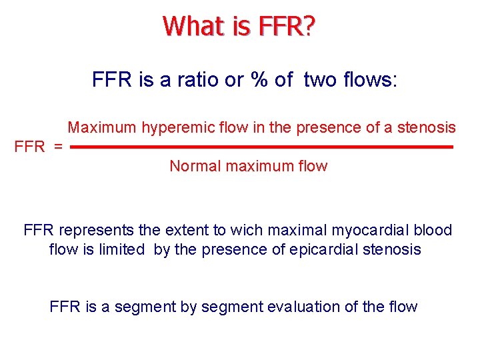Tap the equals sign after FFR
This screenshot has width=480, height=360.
pos(58,147)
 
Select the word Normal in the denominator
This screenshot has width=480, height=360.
pos(195,166)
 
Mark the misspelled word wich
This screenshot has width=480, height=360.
pos(247,231)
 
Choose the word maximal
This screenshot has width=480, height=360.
pos(296,231)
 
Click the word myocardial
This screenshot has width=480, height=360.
pos(370,231)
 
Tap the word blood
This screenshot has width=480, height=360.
pos(433,231)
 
